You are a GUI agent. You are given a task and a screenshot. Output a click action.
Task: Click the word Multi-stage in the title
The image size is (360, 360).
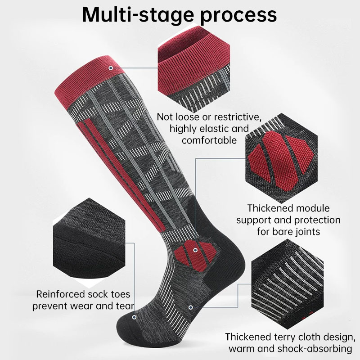138,15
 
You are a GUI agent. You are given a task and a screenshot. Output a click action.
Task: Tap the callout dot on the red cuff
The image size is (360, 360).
111,68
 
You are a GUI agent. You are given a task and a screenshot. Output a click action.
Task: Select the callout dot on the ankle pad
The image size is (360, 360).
195,250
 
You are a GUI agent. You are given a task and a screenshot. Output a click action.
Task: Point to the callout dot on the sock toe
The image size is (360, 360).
134,317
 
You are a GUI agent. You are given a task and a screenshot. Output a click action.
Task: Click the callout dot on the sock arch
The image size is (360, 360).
190,307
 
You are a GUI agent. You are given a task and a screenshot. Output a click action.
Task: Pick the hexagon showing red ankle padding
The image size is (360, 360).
282,158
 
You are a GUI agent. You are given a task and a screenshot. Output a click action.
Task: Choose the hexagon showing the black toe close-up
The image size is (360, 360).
89,243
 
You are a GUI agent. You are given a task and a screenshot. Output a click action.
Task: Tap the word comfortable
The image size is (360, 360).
209,140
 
